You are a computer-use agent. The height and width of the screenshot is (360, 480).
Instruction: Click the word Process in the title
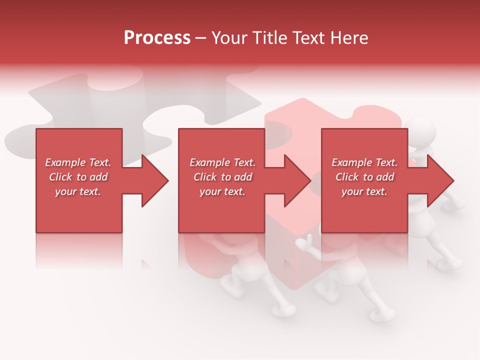point(157,37)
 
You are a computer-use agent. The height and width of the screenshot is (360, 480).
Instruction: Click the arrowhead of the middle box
point(297,180)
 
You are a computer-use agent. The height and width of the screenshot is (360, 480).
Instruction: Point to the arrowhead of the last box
point(440,180)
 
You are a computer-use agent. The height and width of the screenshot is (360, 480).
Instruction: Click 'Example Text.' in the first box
point(78,162)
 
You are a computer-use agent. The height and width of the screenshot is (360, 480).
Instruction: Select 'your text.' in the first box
point(78,191)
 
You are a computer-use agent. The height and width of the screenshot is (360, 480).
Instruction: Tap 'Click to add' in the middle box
point(222,177)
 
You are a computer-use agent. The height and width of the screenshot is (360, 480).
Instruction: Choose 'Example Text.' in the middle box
point(222,162)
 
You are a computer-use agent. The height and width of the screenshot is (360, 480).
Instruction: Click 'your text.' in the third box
point(364,191)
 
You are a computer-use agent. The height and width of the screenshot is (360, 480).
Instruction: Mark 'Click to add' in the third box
point(364,177)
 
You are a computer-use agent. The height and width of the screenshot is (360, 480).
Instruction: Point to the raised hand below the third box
point(303,244)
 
